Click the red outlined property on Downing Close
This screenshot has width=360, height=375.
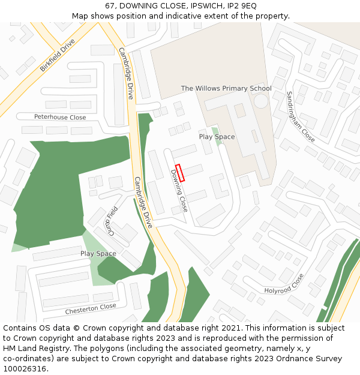click(x=179, y=172)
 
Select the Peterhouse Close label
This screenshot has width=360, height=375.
click(x=60, y=118)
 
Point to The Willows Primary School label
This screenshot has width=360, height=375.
click(x=226, y=89)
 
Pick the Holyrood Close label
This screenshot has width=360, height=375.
click(x=285, y=284)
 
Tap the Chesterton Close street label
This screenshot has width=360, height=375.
click(x=91, y=310)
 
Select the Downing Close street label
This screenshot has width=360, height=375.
click(x=179, y=190)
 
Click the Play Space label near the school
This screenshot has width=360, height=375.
click(x=217, y=137)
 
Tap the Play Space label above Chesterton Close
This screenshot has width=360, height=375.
click(x=98, y=254)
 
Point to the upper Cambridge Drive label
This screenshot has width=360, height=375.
click(x=126, y=73)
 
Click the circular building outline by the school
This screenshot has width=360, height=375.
click(x=261, y=100)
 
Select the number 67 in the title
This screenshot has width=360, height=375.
click(x=109, y=5)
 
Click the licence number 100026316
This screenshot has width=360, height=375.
click(x=25, y=368)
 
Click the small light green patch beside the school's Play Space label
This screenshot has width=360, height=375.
click(x=215, y=131)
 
